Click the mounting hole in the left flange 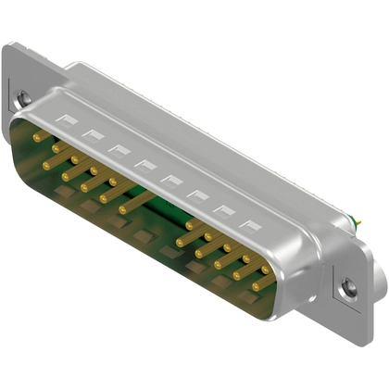coord(23,96)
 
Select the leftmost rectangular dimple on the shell coord(68,119)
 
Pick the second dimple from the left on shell coord(93,134)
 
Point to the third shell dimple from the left coord(119,149)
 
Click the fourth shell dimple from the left coord(145,165)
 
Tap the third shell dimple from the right coord(198,195)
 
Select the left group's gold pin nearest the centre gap coord(124,209)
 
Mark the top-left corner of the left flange coord(6,46)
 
